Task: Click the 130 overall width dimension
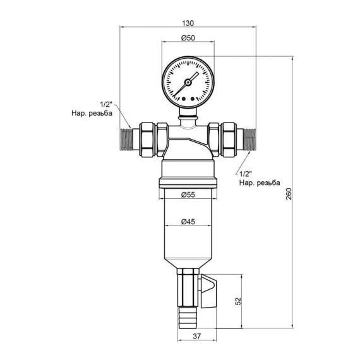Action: tap(188, 23)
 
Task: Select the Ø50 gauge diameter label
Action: tap(187, 39)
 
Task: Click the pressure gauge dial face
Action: tap(186, 82)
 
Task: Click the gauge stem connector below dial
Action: tap(186, 114)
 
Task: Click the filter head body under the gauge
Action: tap(186, 139)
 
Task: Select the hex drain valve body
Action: tap(187, 285)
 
